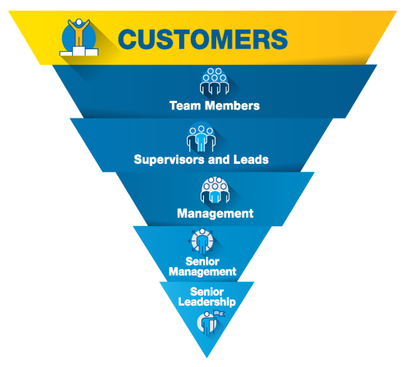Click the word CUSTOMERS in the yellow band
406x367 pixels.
pyautogui.click(x=202, y=39)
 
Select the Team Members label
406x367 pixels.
pyautogui.click(x=214, y=105)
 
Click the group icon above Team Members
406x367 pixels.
pyautogui.click(x=214, y=81)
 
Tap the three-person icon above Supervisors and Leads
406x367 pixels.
pyautogui.click(x=201, y=136)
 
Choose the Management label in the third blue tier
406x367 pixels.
pyautogui.click(x=215, y=214)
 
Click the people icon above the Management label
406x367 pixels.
pyautogui.click(x=215, y=190)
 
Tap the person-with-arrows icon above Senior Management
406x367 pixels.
pyautogui.click(x=202, y=241)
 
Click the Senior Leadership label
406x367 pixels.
pyautogui.click(x=207, y=297)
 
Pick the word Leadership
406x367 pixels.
pyautogui.click(x=207, y=302)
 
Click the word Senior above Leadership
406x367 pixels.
pyautogui.click(x=207, y=291)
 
